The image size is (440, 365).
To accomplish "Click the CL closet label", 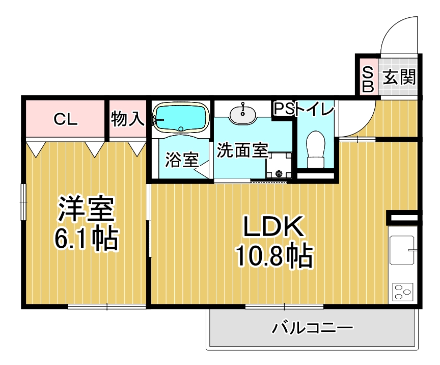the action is click(x=65, y=119).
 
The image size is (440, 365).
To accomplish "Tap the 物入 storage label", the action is click(x=128, y=119).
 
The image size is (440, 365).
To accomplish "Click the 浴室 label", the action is click(x=182, y=160).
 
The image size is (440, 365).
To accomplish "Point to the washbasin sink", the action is click(x=243, y=114).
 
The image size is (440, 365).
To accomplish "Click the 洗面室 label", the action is click(x=243, y=150).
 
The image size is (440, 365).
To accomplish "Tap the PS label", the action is click(x=284, y=109).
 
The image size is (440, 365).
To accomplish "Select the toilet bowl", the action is click(x=316, y=149).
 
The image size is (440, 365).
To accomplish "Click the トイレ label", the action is click(x=315, y=109).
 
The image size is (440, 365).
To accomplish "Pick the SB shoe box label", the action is click(x=368, y=79).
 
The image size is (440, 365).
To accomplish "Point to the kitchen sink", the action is click(x=402, y=250).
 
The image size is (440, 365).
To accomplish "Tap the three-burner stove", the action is click(x=403, y=292).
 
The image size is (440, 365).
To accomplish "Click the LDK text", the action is click(x=273, y=226).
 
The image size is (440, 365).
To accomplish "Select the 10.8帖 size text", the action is click(x=274, y=256).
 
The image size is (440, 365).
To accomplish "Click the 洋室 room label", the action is click(x=86, y=210).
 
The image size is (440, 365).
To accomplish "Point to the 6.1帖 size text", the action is click(x=87, y=238).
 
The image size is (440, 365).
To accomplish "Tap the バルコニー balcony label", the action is click(x=312, y=328).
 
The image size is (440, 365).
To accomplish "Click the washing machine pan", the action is click(x=279, y=165).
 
